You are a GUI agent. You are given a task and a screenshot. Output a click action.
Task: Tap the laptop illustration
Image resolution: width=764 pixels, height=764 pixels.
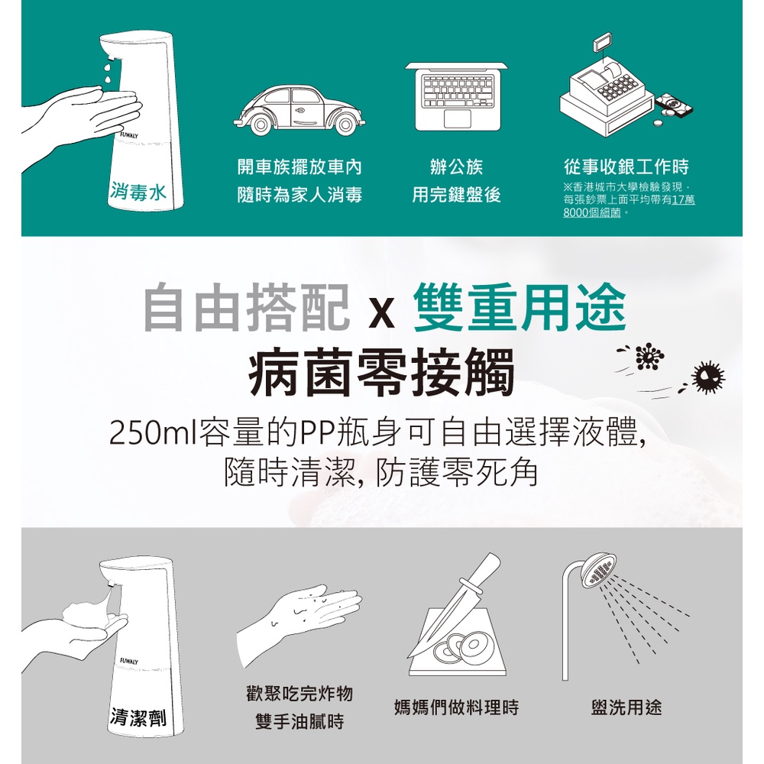click(456, 96)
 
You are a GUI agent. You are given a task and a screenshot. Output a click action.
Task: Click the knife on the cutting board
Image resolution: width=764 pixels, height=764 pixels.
click(454, 604)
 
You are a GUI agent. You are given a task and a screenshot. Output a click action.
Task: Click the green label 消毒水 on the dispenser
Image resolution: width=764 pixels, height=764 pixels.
click(138, 191)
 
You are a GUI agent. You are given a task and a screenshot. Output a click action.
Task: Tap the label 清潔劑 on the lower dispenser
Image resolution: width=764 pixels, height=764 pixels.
click(138, 717)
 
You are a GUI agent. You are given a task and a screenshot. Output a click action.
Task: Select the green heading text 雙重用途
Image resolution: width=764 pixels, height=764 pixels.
click(520, 308)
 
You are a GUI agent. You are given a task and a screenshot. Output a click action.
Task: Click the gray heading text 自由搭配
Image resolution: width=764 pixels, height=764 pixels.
click(247, 308)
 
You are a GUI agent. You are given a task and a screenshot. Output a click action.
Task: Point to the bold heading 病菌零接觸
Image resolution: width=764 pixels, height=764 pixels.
click(381, 372)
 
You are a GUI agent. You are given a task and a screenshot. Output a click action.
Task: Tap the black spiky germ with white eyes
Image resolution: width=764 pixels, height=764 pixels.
click(708, 377)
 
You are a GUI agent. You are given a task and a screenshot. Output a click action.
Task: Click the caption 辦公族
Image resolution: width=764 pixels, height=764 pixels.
click(456, 167)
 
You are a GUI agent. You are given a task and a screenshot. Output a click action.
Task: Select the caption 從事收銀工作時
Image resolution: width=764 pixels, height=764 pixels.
click(626, 167)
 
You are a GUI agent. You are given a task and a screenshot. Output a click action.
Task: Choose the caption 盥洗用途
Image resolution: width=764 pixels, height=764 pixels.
click(626, 707)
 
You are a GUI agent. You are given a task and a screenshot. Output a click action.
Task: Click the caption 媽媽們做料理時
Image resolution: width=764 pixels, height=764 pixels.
click(457, 707)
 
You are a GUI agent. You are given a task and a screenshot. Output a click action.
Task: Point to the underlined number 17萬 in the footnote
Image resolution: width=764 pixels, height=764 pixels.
click(683, 199)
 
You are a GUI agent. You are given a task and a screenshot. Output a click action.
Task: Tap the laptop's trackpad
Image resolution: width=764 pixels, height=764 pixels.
click(458, 118)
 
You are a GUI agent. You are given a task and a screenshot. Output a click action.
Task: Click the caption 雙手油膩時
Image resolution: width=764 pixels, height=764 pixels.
click(299, 722)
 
